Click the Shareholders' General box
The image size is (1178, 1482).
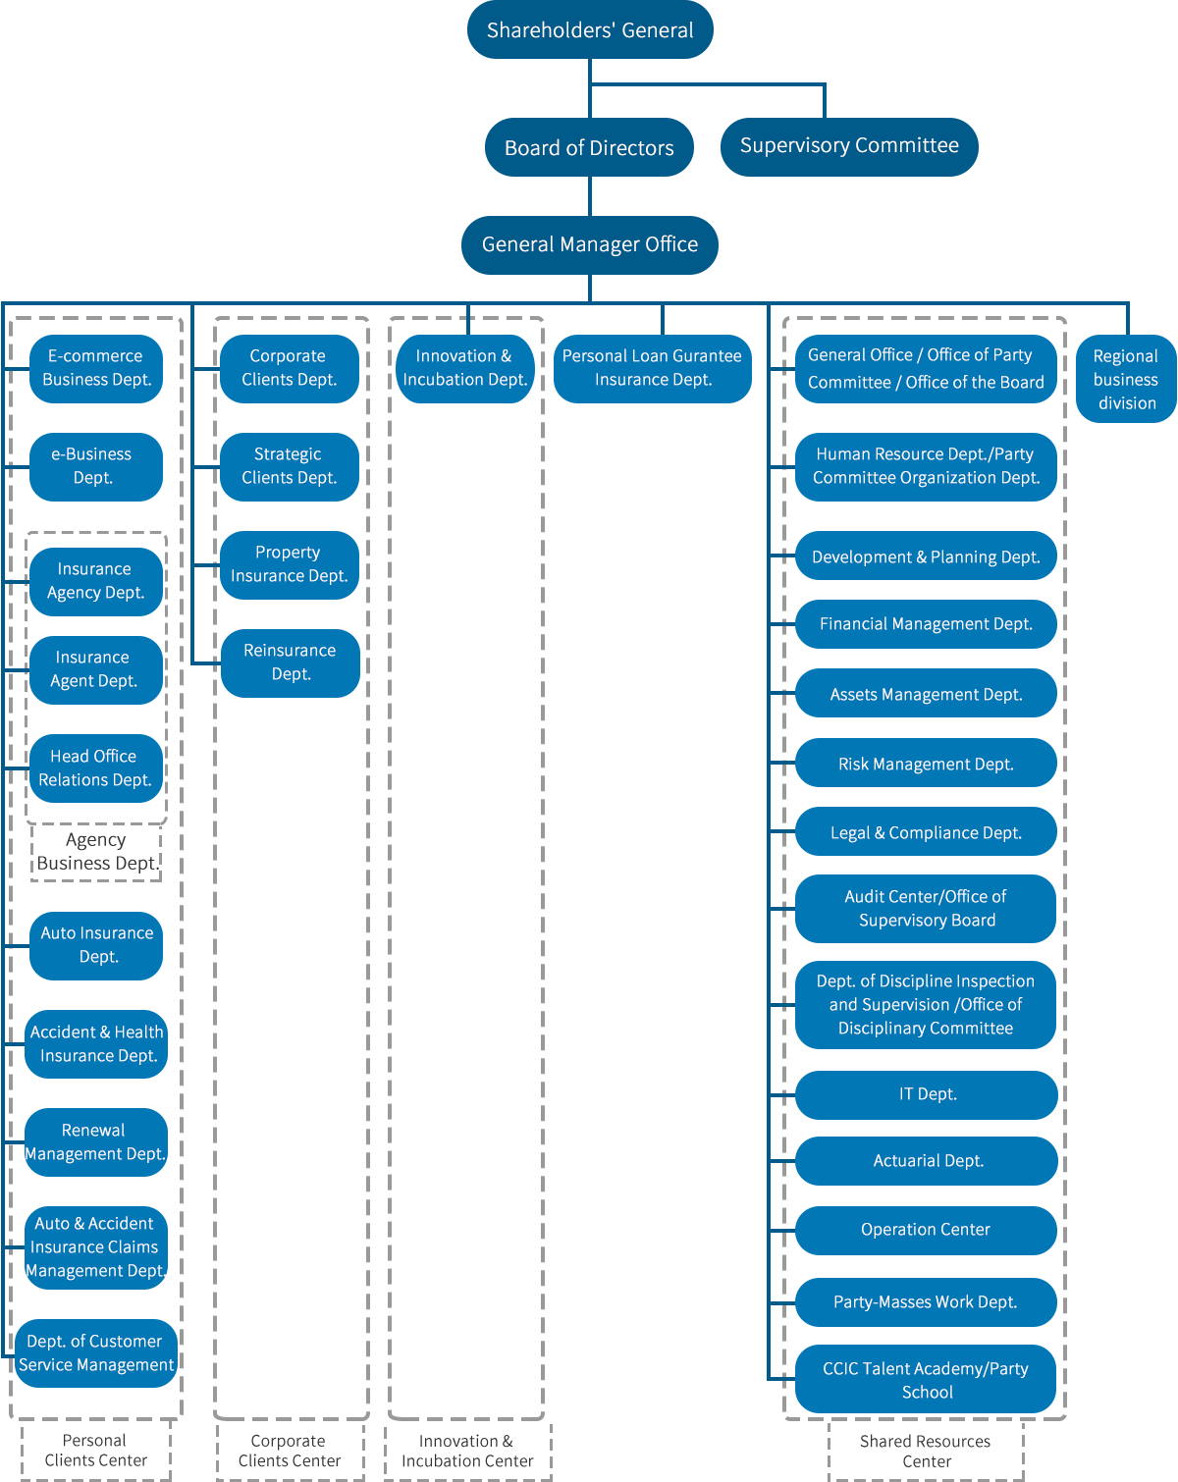click(589, 30)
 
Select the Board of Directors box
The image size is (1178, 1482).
click(589, 147)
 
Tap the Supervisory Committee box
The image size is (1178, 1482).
click(849, 146)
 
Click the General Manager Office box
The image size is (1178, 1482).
click(589, 244)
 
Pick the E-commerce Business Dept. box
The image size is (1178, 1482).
click(95, 368)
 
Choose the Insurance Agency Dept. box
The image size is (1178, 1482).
click(95, 581)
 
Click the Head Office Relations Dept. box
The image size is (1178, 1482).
click(95, 767)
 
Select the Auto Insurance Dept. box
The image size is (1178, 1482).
click(95, 945)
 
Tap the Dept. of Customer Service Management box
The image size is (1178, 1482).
click(95, 1352)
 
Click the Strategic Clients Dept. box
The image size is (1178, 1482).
click(289, 466)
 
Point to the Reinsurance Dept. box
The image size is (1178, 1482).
click(290, 662)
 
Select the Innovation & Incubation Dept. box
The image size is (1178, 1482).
click(464, 368)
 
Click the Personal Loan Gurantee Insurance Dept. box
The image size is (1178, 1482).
click(652, 368)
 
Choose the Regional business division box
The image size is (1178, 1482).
click(1125, 379)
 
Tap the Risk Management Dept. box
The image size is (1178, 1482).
click(926, 763)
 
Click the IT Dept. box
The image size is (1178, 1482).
click(926, 1094)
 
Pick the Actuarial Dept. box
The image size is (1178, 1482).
click(926, 1160)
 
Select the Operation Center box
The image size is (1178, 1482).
click(926, 1230)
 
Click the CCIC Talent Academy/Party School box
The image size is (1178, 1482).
click(926, 1379)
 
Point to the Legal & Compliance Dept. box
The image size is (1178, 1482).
click(926, 831)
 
